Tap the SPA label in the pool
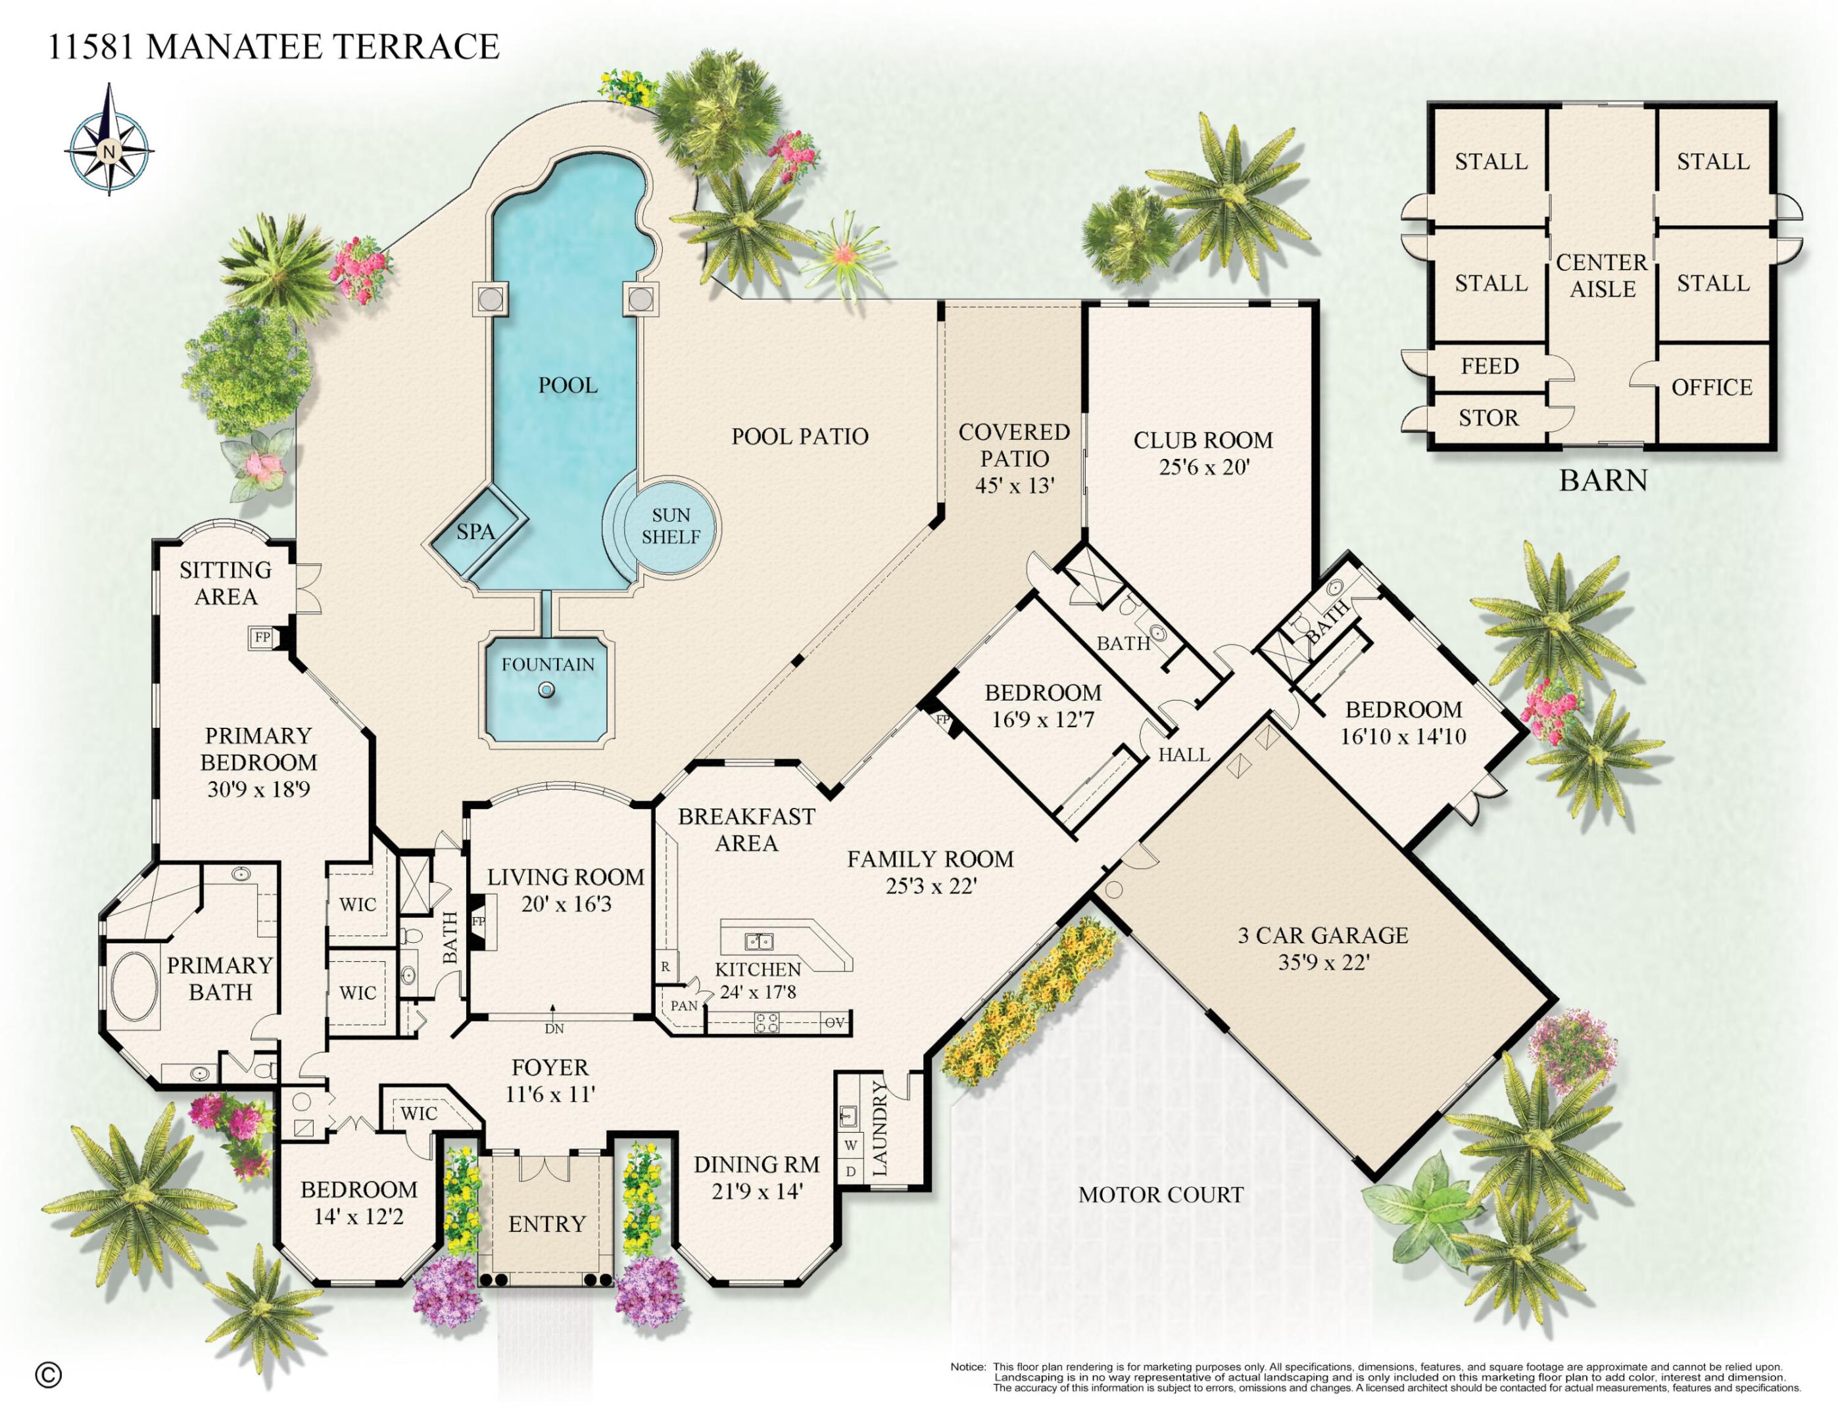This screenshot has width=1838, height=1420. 475,532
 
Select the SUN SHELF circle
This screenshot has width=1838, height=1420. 671,527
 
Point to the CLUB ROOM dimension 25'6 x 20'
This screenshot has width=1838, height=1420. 1204,467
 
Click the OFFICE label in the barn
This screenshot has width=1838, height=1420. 1712,388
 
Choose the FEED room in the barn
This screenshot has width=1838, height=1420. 1489,366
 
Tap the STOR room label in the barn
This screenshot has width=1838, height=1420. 1489,418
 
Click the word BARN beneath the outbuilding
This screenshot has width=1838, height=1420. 1603,481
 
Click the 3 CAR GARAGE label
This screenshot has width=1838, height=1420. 1322,935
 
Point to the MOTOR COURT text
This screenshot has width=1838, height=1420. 1161,1195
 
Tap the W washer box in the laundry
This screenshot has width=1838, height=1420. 851,1145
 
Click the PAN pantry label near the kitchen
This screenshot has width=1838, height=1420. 684,1005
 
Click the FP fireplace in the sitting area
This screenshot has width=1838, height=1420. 262,638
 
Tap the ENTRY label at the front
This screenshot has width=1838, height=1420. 547,1224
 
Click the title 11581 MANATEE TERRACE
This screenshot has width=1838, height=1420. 274,47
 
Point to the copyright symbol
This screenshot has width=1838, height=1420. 49,1375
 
